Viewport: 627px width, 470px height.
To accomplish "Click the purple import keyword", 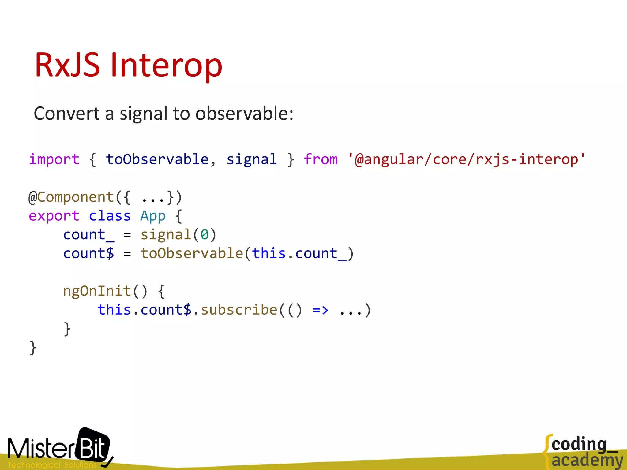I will [x=54, y=159].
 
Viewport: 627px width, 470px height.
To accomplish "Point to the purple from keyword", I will [x=321, y=159].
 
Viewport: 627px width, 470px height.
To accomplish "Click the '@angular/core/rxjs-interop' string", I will [x=466, y=159].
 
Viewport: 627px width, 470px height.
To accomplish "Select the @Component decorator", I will [x=71, y=197].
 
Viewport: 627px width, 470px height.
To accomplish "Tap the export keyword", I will [x=54, y=216].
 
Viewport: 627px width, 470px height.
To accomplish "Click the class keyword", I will [x=110, y=216].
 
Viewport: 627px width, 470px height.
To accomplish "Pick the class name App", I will [x=153, y=216].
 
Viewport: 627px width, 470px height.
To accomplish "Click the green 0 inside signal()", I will [x=205, y=235].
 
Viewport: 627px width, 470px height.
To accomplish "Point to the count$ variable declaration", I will [x=88, y=254].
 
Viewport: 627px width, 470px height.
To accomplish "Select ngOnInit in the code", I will [x=97, y=291].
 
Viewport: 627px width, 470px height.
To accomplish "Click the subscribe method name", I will [x=239, y=310].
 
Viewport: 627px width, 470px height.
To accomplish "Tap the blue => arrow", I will [x=321, y=310].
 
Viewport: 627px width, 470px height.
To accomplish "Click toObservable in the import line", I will [x=157, y=159].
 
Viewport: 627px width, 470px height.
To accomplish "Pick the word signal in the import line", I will [x=251, y=159].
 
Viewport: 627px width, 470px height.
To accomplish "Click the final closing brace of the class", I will [x=33, y=348].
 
